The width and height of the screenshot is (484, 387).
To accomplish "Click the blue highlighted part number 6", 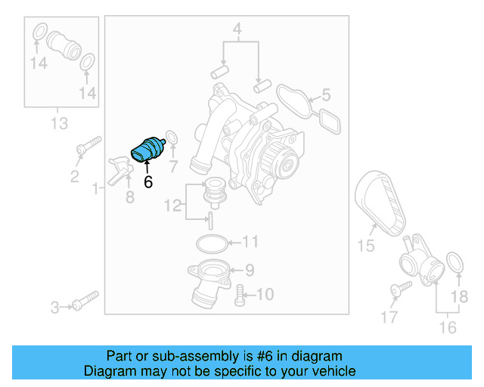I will point(148,149).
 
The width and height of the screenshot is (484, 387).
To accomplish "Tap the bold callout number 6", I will point(148,181).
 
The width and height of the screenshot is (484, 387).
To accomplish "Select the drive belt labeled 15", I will point(381,200).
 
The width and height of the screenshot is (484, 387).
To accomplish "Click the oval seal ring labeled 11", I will point(211,243).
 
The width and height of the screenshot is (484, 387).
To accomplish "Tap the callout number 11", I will point(250,243).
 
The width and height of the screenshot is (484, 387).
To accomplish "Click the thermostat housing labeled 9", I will point(207,280).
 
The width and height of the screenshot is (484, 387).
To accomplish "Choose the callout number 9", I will point(250,268).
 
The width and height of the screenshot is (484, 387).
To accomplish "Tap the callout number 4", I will point(237,31).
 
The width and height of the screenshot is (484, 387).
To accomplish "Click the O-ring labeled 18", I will point(455,262).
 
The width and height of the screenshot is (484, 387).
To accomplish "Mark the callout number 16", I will point(448,327).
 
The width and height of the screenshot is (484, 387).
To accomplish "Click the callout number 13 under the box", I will point(58,122).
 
